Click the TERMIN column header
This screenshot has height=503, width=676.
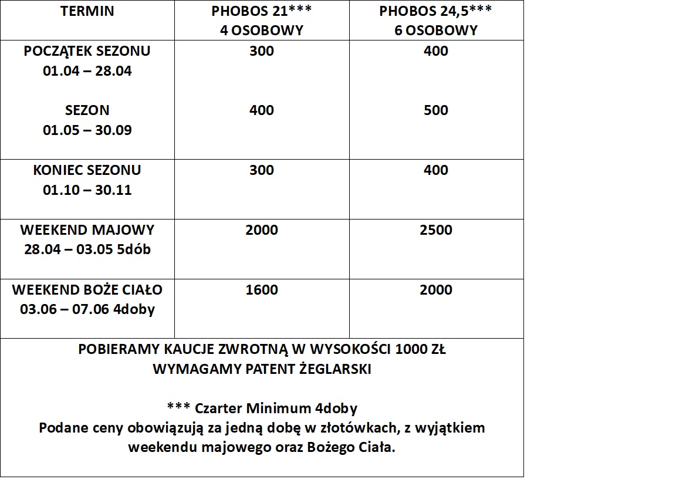[x=87, y=11]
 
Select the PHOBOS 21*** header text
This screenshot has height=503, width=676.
[x=262, y=11]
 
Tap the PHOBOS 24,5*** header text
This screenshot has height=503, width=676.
[x=435, y=11]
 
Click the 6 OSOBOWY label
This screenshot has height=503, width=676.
[x=435, y=31]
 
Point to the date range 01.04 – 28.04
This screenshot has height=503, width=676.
[x=87, y=71]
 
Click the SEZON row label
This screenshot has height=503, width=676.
[x=87, y=110]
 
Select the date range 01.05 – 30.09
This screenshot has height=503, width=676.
[x=87, y=130]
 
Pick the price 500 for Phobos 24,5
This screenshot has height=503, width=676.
[x=435, y=110]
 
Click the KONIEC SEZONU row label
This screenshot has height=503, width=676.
[x=87, y=170]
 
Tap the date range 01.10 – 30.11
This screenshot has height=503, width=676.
[x=87, y=190]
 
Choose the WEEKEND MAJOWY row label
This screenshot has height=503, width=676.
[x=87, y=229]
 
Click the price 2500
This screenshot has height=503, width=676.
[x=435, y=229]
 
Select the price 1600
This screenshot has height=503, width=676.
[x=262, y=289]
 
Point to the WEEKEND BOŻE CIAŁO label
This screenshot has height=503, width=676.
[x=87, y=289]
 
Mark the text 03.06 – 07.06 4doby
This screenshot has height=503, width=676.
[x=87, y=309]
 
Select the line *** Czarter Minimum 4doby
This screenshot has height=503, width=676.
[x=262, y=408]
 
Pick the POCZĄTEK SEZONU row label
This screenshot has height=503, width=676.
[x=87, y=51]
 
